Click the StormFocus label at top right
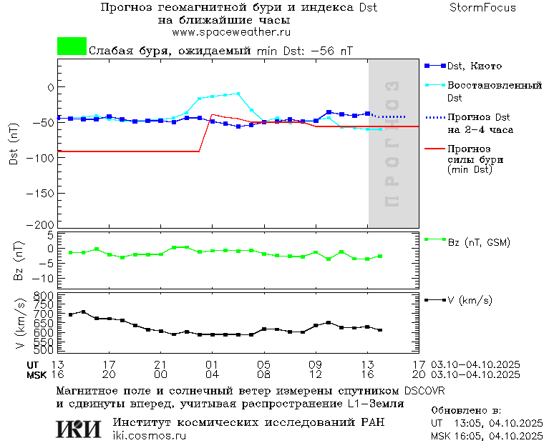point(482,8)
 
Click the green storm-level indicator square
point(72,46)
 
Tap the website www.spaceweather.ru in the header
point(231,32)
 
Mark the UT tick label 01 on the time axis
point(212,364)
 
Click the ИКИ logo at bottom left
point(78,429)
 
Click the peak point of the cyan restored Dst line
point(238,93)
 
